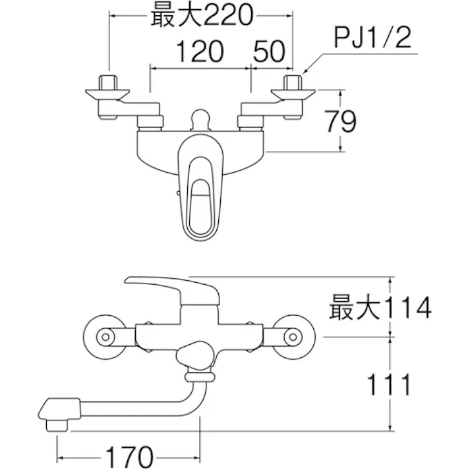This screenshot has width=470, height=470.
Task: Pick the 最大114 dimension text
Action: (380, 307)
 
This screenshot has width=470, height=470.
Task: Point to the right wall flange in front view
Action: (291, 336)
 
